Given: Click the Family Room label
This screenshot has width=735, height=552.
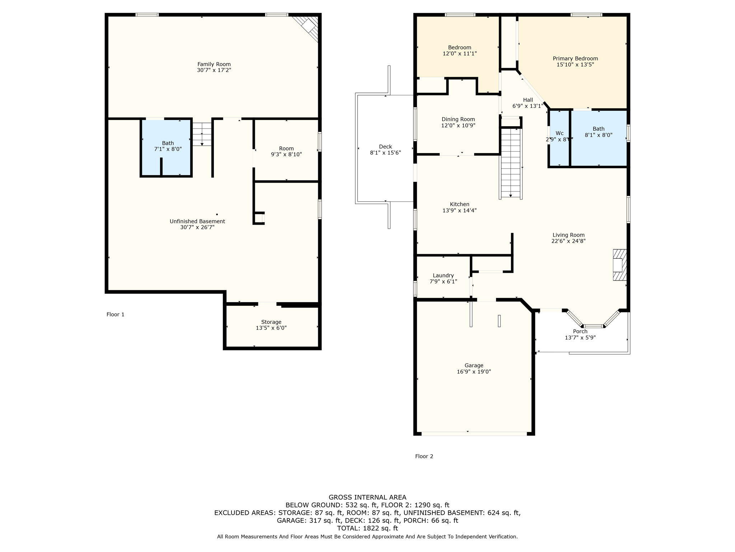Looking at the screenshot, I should pyautogui.click(x=214, y=64).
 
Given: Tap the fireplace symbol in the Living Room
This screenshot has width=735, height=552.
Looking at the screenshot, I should pyautogui.click(x=619, y=265).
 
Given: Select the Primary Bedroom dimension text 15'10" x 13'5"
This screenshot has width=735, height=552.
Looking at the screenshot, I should pyautogui.click(x=575, y=65).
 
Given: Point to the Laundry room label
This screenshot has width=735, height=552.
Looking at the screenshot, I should pyautogui.click(x=443, y=275).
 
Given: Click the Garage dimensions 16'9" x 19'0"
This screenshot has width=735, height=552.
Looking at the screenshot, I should pyautogui.click(x=474, y=372).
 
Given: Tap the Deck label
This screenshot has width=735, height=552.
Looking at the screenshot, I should pyautogui.click(x=385, y=147).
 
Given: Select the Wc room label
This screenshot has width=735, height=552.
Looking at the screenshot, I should pyautogui.click(x=559, y=133).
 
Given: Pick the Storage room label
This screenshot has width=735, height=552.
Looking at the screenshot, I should pyautogui.click(x=271, y=322).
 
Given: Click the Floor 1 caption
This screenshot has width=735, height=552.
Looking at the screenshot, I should pyautogui.click(x=115, y=314).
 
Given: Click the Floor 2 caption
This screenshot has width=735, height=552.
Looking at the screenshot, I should pyautogui.click(x=424, y=456).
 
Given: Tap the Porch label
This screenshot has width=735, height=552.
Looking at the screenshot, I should pyautogui.click(x=580, y=331).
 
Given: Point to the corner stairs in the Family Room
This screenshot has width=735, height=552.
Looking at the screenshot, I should pyautogui.click(x=309, y=27).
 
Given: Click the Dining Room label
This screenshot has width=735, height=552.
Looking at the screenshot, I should pyautogui.click(x=458, y=119).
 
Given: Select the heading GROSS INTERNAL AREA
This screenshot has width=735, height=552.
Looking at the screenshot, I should pyautogui.click(x=367, y=497).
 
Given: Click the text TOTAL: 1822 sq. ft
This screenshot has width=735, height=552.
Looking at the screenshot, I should pyautogui.click(x=367, y=528).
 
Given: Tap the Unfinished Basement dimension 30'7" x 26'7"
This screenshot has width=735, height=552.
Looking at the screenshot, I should pyautogui.click(x=197, y=227).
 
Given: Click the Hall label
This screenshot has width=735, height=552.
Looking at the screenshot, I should pyautogui.click(x=528, y=100).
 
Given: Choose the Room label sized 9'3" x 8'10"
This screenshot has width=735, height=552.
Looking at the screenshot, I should pyautogui.click(x=286, y=148).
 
